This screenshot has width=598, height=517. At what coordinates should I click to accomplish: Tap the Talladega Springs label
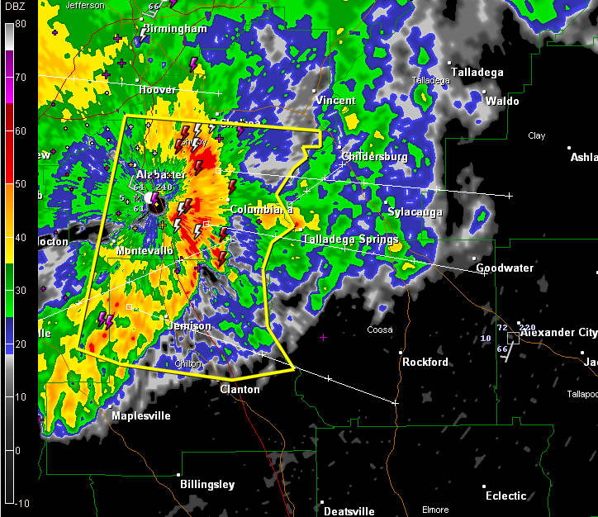coord(350,240)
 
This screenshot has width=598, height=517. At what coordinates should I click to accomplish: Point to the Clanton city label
coord(240,389)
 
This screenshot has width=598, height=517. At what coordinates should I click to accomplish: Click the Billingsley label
coord(207,485)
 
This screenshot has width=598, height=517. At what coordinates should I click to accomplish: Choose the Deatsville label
coord(349,511)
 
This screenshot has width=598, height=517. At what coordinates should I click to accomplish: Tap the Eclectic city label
coord(505,496)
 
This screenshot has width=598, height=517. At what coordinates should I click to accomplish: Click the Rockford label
coord(425,362)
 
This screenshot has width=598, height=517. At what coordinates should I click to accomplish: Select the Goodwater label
coord(505,268)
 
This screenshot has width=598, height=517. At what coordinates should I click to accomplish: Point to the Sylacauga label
coord(415,212)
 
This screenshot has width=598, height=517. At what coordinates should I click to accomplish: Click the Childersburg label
coord(375,156)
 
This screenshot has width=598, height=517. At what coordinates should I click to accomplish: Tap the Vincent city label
coord(336,101)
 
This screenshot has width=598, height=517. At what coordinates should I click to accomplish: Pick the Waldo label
coord(502,101)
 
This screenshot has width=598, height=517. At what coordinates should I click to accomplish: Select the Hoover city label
coord(158,89)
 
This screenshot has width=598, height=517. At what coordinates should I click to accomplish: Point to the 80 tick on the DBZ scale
coord(21,23)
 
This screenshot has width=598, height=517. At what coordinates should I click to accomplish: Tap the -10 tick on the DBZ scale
coord(20,503)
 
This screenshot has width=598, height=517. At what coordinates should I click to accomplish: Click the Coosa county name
coord(379,330)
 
